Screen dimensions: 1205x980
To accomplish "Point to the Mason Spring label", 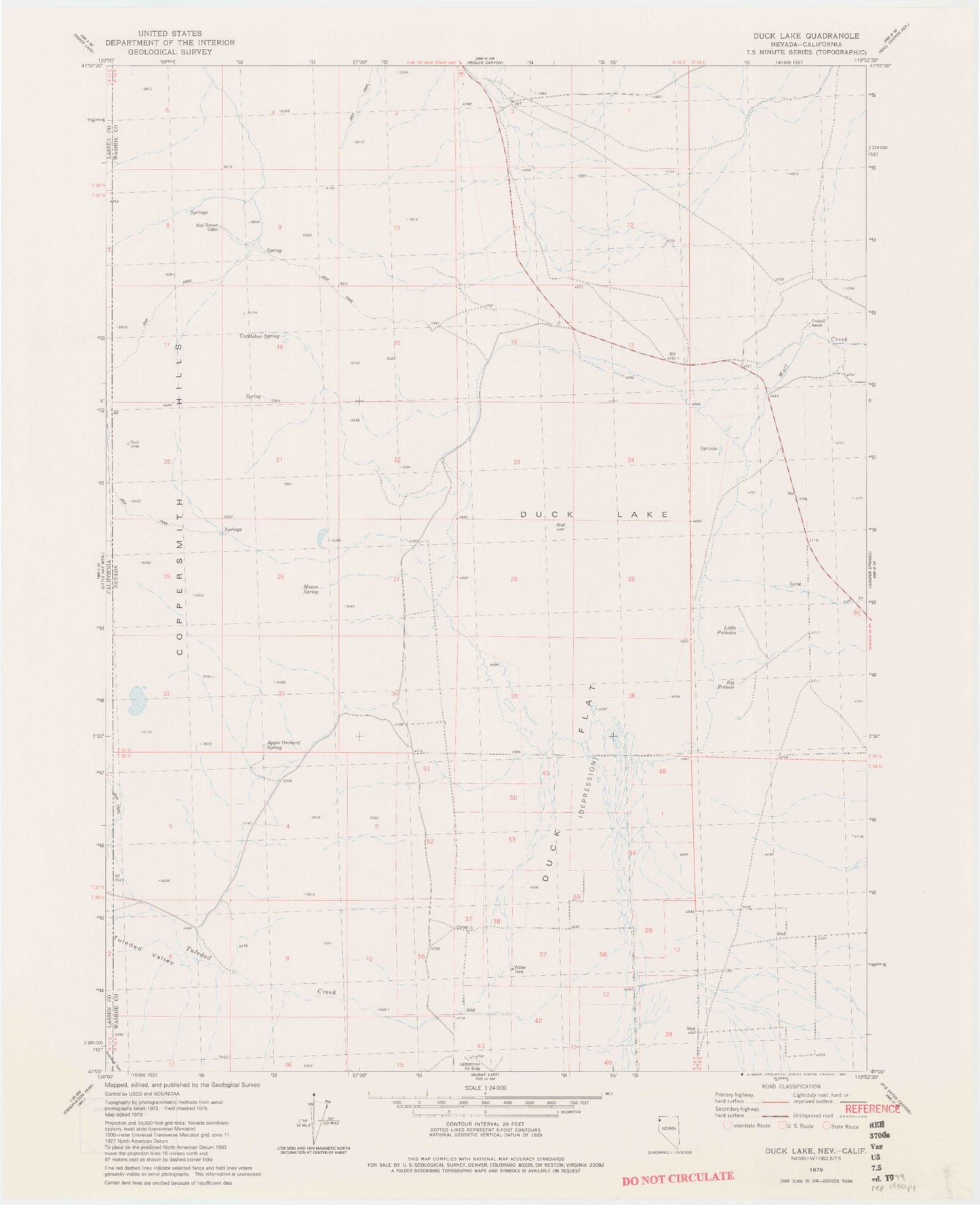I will pyautogui.click(x=311, y=589).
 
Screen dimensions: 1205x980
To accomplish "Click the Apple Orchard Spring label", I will pyautogui.click(x=283, y=745).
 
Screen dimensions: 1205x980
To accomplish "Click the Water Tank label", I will pyautogui.click(x=521, y=970).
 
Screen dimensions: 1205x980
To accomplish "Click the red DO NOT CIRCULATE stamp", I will pyautogui.click(x=678, y=1177).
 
